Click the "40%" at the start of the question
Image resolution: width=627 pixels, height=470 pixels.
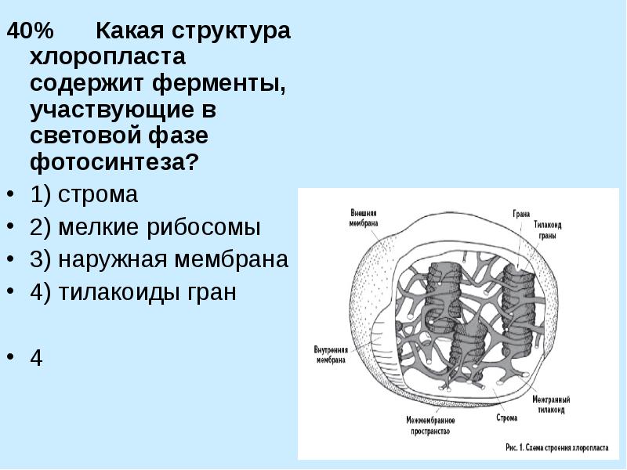click(x=31, y=32)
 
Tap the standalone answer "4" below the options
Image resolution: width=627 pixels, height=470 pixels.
click(x=37, y=358)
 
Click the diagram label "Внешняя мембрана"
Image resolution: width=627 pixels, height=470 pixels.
click(x=363, y=218)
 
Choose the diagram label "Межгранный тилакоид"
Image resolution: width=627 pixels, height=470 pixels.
click(x=550, y=404)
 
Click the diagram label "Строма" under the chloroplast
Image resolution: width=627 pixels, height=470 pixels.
click(x=506, y=418)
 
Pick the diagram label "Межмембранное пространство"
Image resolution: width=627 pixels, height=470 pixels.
click(x=430, y=425)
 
